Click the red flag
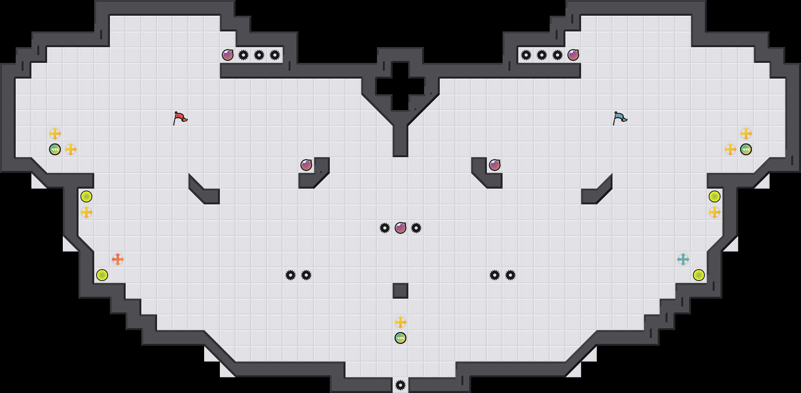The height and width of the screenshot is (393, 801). [x=180, y=118]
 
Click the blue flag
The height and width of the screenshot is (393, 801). [x=620, y=118]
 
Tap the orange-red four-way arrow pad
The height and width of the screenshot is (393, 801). [x=118, y=259]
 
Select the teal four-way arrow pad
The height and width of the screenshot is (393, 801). [x=683, y=259]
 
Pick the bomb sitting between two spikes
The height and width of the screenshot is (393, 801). [x=400, y=228]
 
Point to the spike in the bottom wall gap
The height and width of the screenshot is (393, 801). [x=400, y=385]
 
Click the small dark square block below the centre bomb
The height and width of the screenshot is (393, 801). [x=400, y=291]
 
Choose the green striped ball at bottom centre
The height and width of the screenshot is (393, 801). [x=400, y=338]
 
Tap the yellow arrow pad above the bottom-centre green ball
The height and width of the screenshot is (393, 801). [x=400, y=322]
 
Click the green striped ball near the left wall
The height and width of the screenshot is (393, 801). [x=55, y=149]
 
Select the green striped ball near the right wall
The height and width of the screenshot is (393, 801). [x=746, y=149]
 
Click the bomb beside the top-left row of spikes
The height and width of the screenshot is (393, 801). [x=228, y=55]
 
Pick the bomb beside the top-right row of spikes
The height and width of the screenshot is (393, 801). [x=573, y=55]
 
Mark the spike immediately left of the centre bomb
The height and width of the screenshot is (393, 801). [x=385, y=228]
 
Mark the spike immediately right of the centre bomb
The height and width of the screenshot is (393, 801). [x=416, y=228]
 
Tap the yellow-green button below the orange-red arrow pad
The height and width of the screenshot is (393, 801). [x=102, y=275]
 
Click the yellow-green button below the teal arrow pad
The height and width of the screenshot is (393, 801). [x=699, y=275]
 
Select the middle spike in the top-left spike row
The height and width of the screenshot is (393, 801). [x=259, y=55]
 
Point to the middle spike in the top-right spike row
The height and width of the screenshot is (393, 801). [x=542, y=55]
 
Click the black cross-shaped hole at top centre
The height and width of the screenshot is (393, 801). [x=400, y=86]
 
